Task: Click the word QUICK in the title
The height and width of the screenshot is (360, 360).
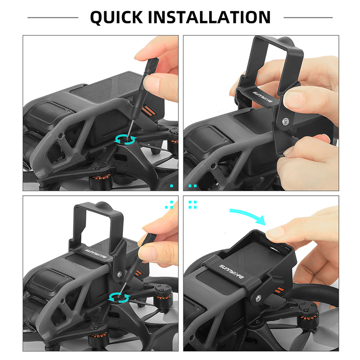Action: point(117,17)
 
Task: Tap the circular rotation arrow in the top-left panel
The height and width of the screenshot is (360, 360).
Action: point(126,140)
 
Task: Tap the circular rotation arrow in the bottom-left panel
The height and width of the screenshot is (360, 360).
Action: point(119,298)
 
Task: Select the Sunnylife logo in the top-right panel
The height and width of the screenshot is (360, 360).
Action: point(262,97)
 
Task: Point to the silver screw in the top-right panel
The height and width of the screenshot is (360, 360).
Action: point(286,121)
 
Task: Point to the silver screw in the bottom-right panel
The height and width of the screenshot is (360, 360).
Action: point(258,298)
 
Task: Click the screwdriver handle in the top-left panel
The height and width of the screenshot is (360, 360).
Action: point(150,68)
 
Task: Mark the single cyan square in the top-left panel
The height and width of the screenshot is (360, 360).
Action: point(171,186)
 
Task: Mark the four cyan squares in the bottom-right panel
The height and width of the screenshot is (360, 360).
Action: point(193,205)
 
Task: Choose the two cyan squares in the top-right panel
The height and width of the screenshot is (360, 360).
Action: point(193,186)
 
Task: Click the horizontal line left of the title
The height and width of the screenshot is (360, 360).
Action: point(53,18)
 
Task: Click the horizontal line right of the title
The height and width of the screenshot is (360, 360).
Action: point(308,18)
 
